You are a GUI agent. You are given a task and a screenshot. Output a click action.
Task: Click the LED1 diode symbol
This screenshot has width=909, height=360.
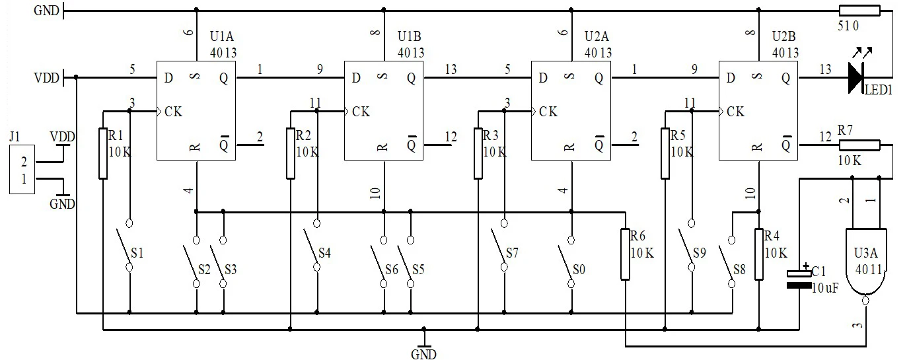[855, 77]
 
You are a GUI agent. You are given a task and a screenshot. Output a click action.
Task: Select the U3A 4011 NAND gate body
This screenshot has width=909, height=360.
[866, 263]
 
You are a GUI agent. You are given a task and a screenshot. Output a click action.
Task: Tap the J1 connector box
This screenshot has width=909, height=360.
[22, 169]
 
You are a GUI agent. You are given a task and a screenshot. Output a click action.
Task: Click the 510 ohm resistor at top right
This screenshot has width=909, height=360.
[859, 10]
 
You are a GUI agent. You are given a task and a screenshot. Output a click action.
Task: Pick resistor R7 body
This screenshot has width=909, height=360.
[859, 145]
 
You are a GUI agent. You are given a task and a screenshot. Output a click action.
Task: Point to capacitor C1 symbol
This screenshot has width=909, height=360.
[799, 279]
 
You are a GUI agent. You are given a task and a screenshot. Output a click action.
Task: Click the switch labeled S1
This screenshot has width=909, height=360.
[129, 245]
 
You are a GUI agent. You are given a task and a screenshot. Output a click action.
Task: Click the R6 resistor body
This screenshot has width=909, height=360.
[625, 254]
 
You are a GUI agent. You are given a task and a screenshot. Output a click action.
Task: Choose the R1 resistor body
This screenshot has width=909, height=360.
[103, 153]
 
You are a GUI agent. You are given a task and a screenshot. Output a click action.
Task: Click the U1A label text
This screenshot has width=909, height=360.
[221, 36]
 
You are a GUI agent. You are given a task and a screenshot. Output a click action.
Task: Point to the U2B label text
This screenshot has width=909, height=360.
[783, 36]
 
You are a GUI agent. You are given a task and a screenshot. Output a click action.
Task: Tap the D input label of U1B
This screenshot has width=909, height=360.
[356, 77]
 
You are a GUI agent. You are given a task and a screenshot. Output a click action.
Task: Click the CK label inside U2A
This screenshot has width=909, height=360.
[548, 111]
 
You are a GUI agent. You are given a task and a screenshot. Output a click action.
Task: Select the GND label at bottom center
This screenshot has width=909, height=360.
[423, 354]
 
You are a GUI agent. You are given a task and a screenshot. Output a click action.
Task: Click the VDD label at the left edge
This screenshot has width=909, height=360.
[47, 77]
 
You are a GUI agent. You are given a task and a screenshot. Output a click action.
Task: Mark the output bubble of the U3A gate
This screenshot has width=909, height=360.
[865, 301]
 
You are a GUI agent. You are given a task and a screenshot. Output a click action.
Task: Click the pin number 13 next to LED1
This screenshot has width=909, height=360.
[825, 69]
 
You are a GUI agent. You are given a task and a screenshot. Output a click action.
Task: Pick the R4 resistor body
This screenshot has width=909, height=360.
[758, 254]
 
